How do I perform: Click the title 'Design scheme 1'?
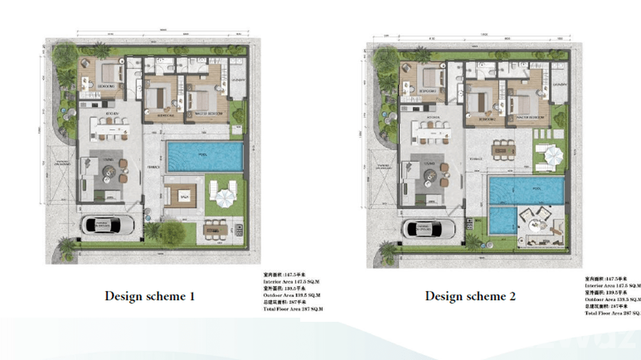coord(150,296)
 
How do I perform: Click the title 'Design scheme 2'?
coord(470,296)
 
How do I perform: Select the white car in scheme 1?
coord(107,225)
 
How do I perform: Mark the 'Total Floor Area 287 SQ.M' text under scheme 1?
coord(293,309)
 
